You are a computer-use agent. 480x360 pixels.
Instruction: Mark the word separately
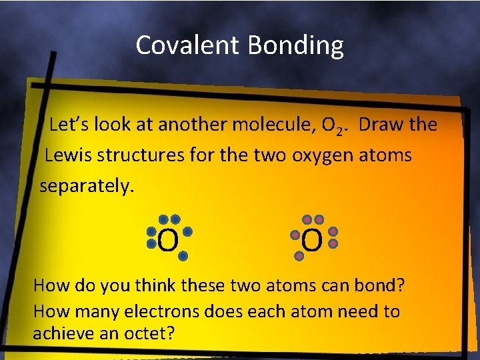click(87, 186)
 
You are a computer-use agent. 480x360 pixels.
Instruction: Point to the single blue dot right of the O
click(187, 232)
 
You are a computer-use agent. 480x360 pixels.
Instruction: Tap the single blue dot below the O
click(183, 255)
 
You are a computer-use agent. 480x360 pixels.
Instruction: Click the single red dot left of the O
click(295, 235)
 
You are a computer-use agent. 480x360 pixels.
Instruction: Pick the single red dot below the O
click(299, 255)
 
